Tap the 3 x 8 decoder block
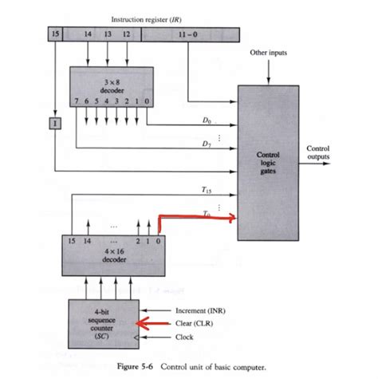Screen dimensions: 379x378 pos(107,86)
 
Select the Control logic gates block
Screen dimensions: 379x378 pos(266,155)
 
